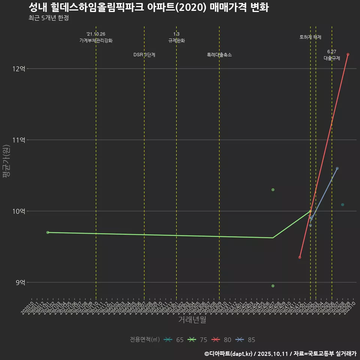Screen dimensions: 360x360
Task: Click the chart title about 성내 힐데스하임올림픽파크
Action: pyautogui.click(x=148, y=8)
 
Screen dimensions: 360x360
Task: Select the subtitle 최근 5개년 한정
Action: pyautogui.click(x=48, y=18)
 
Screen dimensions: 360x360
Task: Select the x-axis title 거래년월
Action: pyautogui.click(x=192, y=320)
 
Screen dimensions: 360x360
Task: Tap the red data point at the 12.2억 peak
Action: pyautogui.click(x=348, y=54)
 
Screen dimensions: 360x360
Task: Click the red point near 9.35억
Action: pyautogui.click(x=300, y=257)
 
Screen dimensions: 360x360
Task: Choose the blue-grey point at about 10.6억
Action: pyautogui.click(x=337, y=168)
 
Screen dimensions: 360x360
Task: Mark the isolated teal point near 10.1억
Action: pyautogui.click(x=343, y=205)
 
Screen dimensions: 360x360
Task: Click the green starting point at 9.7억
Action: pyautogui.click(x=48, y=232)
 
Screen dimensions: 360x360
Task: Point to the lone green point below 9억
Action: pyautogui.click(x=273, y=286)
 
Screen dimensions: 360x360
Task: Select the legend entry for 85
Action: pyautogui.click(x=246, y=340)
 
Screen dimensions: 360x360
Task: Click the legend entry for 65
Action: pyautogui.click(x=174, y=340)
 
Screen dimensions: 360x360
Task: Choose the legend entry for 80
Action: pyautogui.click(x=222, y=340)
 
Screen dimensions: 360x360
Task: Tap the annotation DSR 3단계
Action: pyautogui.click(x=144, y=55)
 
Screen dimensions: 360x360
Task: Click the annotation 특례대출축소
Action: pyautogui.click(x=219, y=55)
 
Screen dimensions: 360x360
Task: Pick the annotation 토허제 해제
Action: pyautogui.click(x=310, y=37)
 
